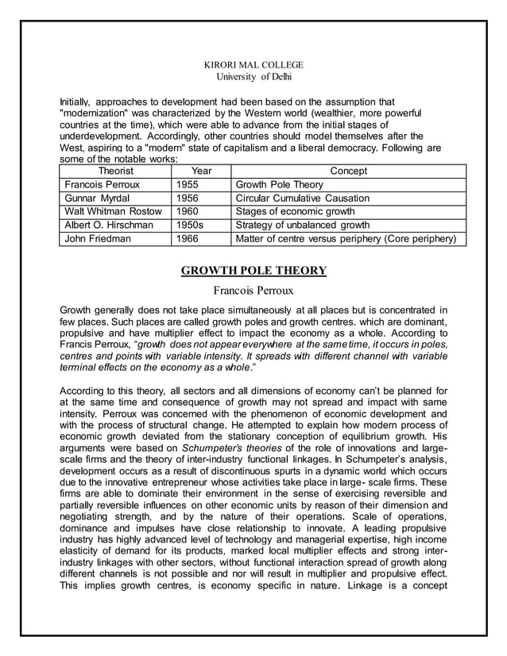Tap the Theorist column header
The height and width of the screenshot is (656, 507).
115,171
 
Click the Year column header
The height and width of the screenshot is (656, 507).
202,171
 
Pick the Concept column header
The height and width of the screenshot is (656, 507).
348,171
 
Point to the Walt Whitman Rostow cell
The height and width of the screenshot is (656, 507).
113,211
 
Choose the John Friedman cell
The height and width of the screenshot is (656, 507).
97,238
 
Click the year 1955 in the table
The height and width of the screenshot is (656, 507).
188,184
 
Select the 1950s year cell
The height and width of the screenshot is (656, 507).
190,225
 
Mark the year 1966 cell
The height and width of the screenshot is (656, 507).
188,238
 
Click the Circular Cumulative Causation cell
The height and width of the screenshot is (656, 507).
303,198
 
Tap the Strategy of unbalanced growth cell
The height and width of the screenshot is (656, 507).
303,225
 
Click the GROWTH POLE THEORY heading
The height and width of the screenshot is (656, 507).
253,271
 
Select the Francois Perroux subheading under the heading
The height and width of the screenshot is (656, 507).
253,290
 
